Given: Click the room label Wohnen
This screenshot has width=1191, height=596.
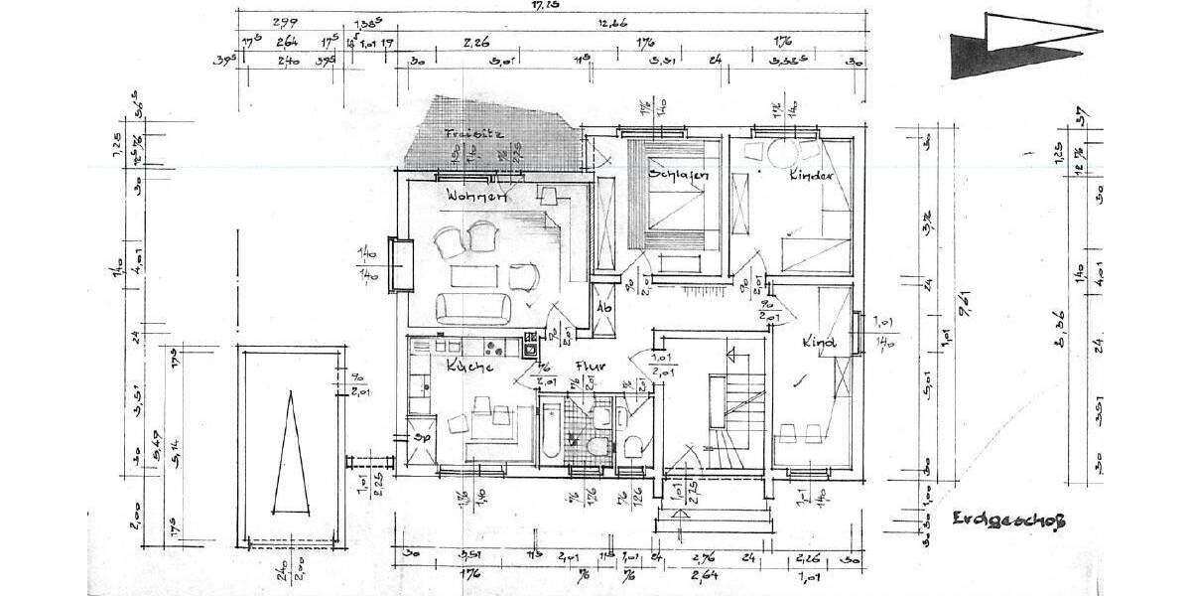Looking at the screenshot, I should (476, 197).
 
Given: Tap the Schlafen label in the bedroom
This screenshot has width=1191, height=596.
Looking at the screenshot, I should (679, 175).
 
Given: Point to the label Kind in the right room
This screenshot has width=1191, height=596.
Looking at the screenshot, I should (818, 343).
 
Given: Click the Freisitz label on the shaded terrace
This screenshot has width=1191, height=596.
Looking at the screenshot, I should (473, 132).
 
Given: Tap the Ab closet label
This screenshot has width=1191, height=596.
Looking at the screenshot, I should (602, 308).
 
